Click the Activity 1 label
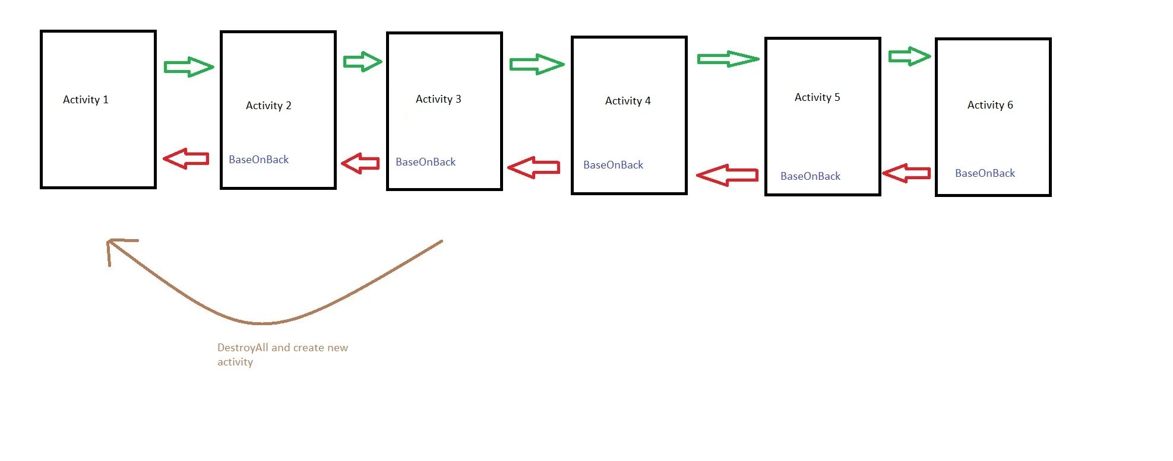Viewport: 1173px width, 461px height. tap(86, 100)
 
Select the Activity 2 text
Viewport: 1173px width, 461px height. tap(268, 106)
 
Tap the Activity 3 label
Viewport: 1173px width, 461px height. tap(438, 99)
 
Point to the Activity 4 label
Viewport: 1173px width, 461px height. tap(628, 101)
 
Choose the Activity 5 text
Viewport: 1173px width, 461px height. tap(817, 97)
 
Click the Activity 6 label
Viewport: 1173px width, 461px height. tap(990, 105)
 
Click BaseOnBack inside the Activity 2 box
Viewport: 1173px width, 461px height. tap(258, 160)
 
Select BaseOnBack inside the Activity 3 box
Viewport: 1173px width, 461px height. tap(425, 162)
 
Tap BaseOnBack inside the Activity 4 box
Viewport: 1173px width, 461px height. tap(613, 165)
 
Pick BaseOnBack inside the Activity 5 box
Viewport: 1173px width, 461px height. tap(810, 176)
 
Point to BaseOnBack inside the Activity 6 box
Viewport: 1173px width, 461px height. tap(985, 173)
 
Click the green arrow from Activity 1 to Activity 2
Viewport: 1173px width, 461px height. tap(188, 67)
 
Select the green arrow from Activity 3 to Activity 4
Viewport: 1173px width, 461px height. tap(536, 64)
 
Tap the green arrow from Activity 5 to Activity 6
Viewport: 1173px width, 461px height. tap(909, 56)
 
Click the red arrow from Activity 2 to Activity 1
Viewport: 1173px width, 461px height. tap(186, 158)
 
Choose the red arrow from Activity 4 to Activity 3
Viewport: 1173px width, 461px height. tap(534, 167)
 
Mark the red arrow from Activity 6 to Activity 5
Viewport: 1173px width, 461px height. tap(906, 173)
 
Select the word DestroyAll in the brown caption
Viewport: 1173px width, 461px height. tap(242, 348)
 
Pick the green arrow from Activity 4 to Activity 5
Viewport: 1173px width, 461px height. tap(728, 59)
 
